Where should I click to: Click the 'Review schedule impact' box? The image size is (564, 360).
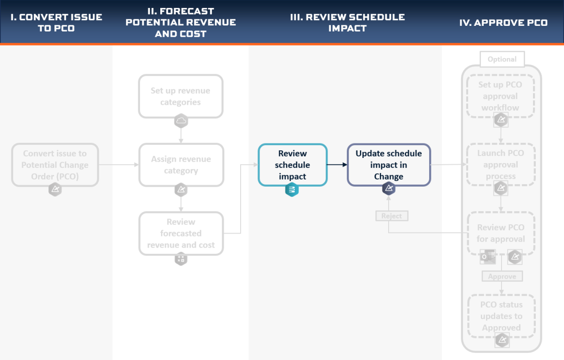point(292,165)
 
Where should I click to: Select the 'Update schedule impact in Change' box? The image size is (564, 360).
point(389,165)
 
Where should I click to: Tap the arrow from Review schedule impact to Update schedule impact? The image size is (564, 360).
point(337,164)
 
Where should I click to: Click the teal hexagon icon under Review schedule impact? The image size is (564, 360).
point(292,189)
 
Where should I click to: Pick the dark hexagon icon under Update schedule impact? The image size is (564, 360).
point(389,188)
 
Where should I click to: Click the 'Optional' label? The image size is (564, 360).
point(502,59)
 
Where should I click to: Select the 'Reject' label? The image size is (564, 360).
point(392,216)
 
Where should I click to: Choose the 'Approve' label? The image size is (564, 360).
point(502,276)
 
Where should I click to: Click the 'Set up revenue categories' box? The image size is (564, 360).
point(180,96)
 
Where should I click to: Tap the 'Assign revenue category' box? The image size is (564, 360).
point(181,165)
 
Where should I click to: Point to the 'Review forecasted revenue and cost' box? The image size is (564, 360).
point(181,234)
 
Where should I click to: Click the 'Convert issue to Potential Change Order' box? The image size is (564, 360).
point(55,165)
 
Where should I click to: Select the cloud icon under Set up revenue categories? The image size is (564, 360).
point(181,121)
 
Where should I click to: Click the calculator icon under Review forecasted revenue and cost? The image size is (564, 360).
point(181,258)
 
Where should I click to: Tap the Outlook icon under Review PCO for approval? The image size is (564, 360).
point(488,257)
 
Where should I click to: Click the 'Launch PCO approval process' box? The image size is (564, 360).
point(501,164)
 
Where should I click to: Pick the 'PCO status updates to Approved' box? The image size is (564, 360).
point(501,316)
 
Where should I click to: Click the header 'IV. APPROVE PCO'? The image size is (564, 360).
point(503,23)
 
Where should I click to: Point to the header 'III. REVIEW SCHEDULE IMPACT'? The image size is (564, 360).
point(347,23)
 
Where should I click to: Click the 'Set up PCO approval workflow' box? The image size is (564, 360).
point(500,96)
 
